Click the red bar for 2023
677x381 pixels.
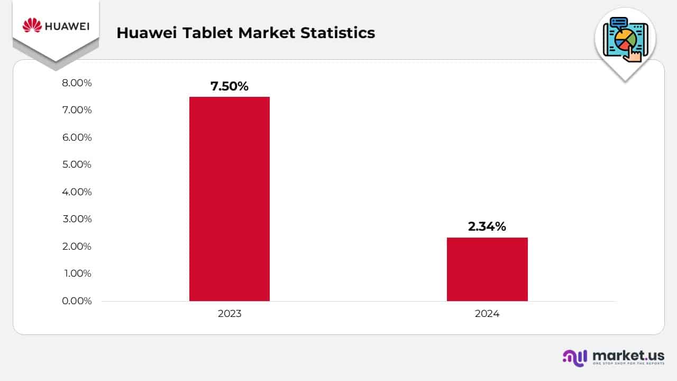pos(229,198)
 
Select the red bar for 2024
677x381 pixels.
pos(487,269)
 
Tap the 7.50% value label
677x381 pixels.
pos(229,86)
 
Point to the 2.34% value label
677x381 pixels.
pos(487,226)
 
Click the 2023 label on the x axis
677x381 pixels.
pos(229,314)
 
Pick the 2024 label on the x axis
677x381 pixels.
pos(487,314)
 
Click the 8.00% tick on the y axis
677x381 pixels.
pos(77,83)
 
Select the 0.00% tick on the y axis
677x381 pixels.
pos(77,301)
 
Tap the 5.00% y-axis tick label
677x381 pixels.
pos(77,165)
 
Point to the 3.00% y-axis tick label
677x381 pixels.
pos(77,219)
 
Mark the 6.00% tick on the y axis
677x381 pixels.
pos(77,138)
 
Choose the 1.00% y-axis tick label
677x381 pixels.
pos(77,274)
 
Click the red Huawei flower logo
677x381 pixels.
pos(32,25)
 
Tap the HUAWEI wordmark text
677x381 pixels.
pos(67,26)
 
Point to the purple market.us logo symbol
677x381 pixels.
pos(574,357)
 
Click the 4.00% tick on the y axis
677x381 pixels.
pos(77,192)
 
